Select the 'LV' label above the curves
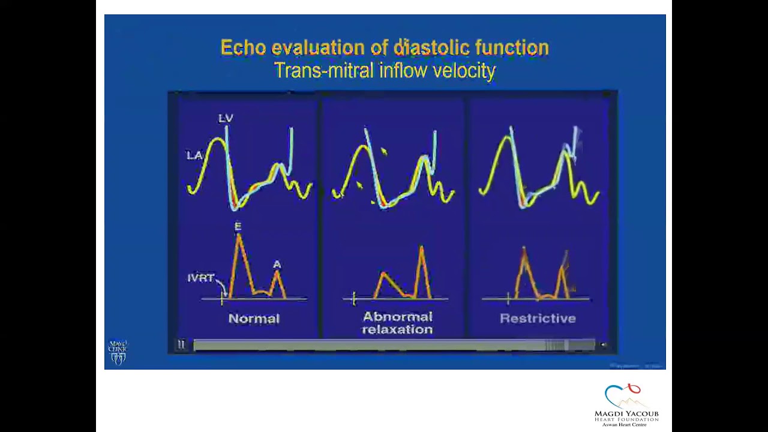point(226,118)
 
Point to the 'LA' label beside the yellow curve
point(194,155)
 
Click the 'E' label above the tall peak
point(238,226)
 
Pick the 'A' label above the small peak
point(277,264)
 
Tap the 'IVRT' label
point(200,278)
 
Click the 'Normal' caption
point(254,319)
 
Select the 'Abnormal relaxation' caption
point(397,323)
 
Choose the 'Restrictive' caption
point(538,319)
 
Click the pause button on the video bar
point(181,344)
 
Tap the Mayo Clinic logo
point(118,352)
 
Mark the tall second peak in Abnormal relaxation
point(422,248)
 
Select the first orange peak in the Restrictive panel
point(524,250)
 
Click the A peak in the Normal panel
point(277,274)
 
